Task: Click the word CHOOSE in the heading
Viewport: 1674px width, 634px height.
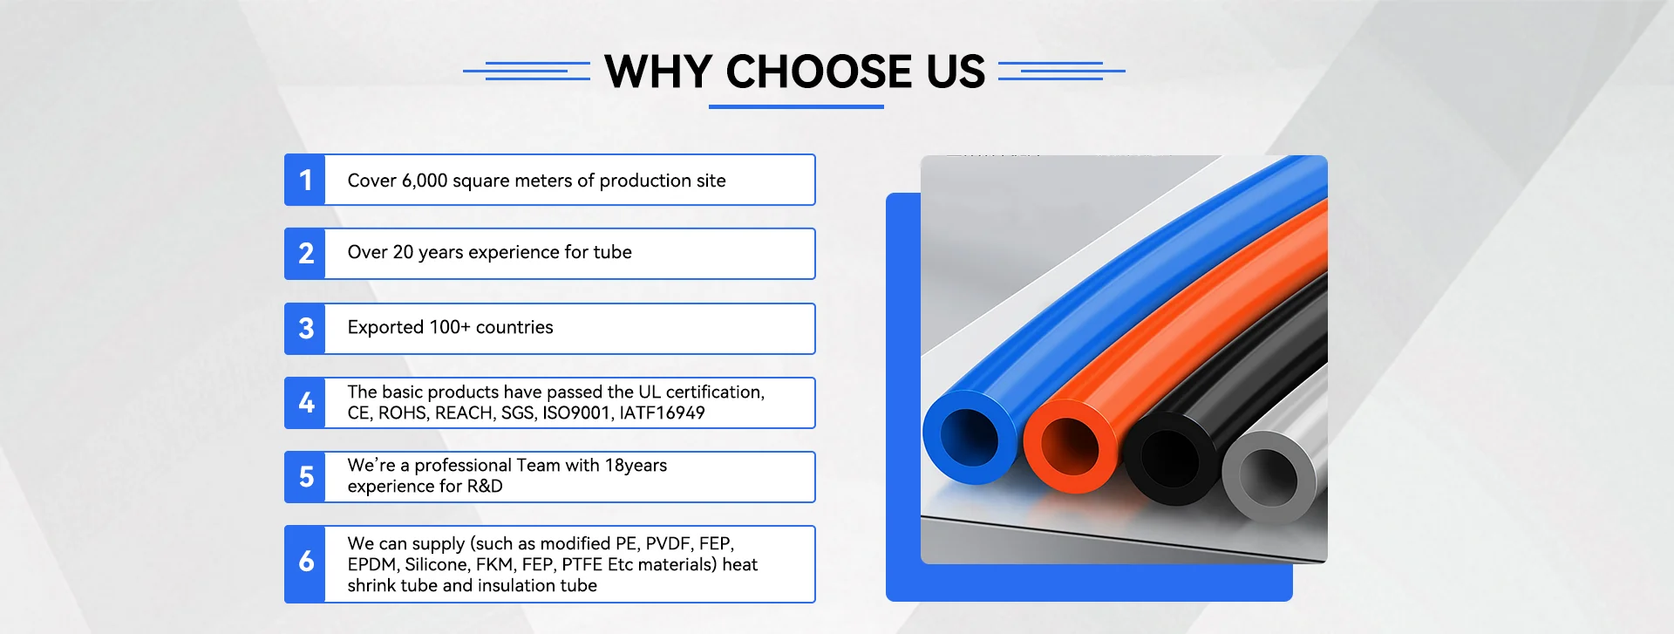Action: (x=819, y=72)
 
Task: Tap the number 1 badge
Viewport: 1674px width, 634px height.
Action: (x=305, y=180)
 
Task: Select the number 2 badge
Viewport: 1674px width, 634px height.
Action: (x=305, y=254)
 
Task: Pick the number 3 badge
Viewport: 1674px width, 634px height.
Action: (x=305, y=329)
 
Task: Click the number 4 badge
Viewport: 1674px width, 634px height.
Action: (x=305, y=403)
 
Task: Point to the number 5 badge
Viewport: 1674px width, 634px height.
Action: (x=305, y=477)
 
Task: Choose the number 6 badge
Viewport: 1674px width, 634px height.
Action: (x=305, y=564)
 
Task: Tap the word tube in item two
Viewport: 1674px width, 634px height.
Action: (x=612, y=252)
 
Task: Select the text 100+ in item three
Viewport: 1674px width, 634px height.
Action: (x=450, y=327)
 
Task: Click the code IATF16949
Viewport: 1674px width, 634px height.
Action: (x=662, y=412)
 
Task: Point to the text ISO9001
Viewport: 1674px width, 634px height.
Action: (x=576, y=412)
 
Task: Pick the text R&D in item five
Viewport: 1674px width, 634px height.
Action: (x=485, y=486)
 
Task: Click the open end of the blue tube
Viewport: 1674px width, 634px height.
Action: (x=970, y=437)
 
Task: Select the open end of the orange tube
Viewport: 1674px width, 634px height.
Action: (x=1070, y=446)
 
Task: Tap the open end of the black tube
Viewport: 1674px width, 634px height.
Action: (x=1170, y=458)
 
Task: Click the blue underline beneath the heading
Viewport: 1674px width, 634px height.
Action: (x=796, y=106)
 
